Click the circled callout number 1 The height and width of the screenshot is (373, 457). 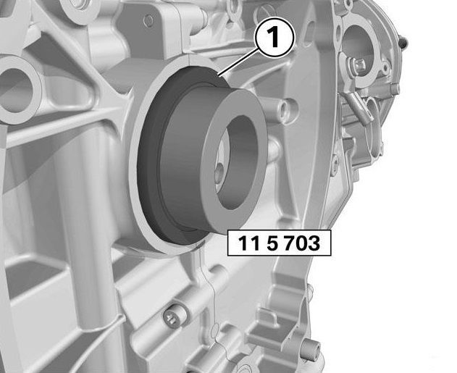[274, 38]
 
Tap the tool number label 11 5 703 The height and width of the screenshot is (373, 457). [279, 243]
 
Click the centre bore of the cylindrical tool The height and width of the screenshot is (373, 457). [238, 162]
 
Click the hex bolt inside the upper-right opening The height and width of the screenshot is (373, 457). [356, 66]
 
